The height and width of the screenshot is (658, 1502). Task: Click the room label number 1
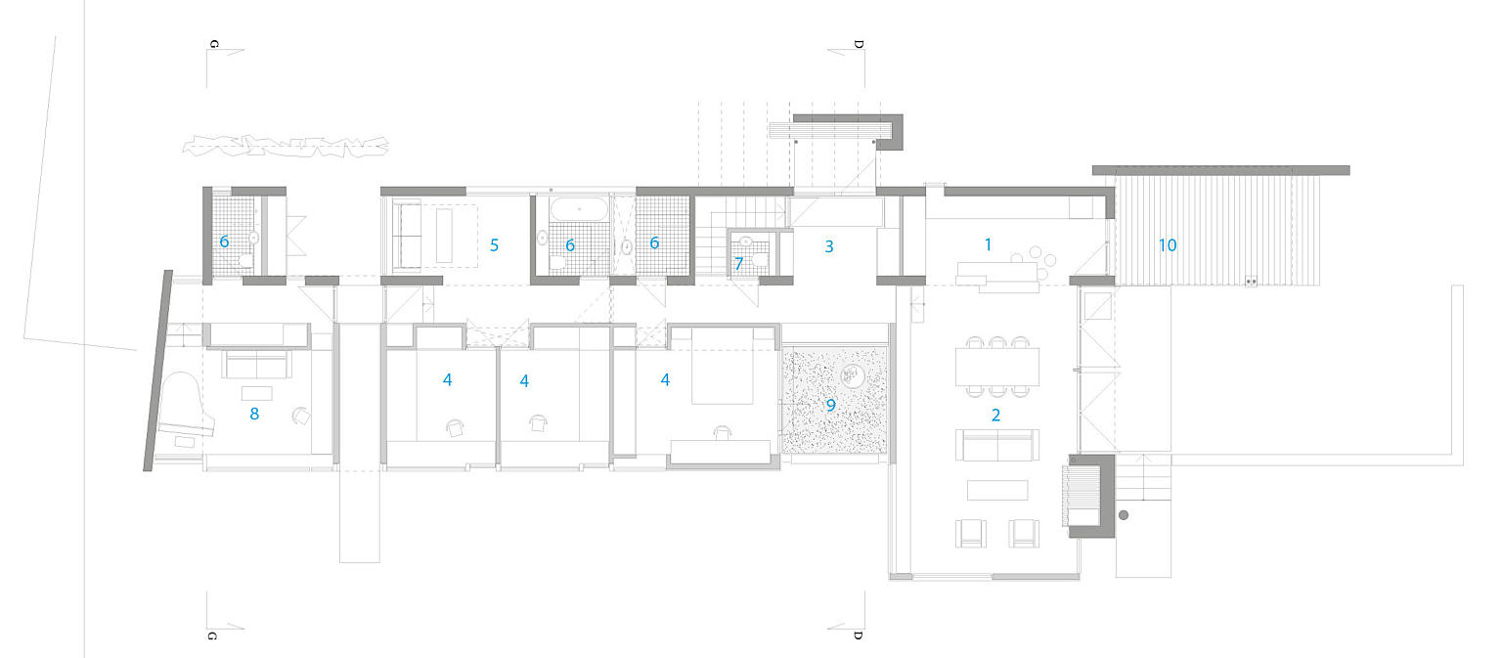coord(988,244)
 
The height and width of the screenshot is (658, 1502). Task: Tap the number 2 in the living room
coord(995,415)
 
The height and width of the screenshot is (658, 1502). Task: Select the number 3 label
coord(829,246)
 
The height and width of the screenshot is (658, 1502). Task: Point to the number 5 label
coord(495,245)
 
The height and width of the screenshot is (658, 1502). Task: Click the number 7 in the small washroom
coord(738,263)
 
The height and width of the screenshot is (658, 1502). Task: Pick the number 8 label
coord(254,414)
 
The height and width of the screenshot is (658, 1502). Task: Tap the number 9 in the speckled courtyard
coord(831,404)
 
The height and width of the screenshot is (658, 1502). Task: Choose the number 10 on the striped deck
coord(1168,245)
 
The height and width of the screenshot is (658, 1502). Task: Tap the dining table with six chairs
coord(996,367)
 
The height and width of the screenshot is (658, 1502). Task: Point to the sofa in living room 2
coord(996,447)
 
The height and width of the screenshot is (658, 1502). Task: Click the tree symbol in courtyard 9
coord(851,374)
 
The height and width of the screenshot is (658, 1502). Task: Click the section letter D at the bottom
coord(858,635)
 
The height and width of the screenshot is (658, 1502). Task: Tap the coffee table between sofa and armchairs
coord(997,490)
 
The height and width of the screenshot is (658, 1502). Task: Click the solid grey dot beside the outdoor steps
coord(1124,514)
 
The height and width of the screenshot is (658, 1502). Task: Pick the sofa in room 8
coord(256,365)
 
